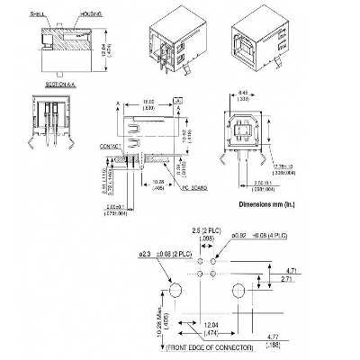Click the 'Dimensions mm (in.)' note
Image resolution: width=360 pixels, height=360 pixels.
pos(273,204)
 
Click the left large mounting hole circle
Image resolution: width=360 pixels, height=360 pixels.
pos(175,292)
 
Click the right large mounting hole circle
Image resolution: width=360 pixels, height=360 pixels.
pos(239,292)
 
